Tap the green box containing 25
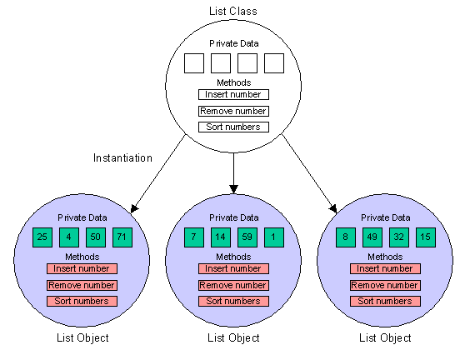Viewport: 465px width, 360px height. click(42, 237)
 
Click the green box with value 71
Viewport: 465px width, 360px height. click(122, 237)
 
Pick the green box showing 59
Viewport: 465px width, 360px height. click(247, 237)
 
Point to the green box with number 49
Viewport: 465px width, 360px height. click(372, 237)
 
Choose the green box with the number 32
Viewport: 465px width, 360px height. click(398, 237)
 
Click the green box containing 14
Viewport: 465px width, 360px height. click(220, 237)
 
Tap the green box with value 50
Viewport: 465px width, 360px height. click(95, 237)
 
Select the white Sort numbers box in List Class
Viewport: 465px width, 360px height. click(233, 127)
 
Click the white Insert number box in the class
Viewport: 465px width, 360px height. click(233, 94)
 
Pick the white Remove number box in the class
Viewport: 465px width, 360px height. click(233, 111)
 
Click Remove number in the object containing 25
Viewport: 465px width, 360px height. click(82, 285)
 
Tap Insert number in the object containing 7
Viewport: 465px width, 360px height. click(233, 268)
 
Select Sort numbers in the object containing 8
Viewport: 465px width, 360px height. click(385, 301)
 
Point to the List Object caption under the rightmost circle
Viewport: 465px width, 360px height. click(385, 337)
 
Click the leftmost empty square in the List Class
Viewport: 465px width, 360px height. click(193, 63)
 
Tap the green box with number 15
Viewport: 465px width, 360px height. click(426, 237)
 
